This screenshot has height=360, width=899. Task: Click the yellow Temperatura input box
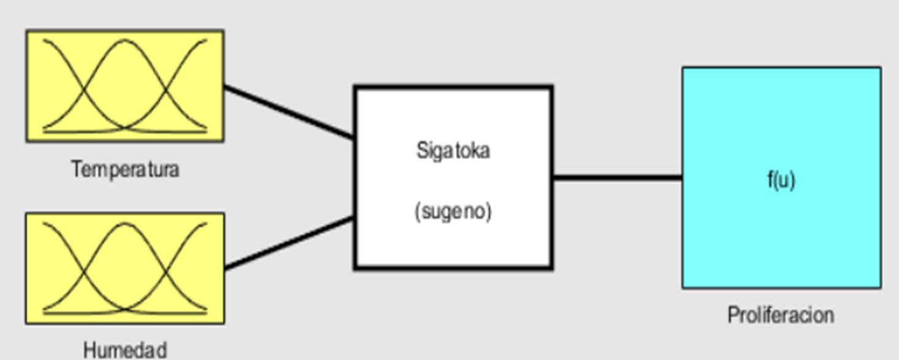pyautogui.click(x=124, y=86)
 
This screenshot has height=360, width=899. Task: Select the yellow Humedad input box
pyautogui.click(x=124, y=269)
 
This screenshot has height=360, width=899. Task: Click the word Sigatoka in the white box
pyautogui.click(x=453, y=150)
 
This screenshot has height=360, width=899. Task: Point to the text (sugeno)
pyautogui.click(x=453, y=211)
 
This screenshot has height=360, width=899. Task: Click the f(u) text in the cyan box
pyautogui.click(x=781, y=180)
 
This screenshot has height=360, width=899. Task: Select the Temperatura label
pyautogui.click(x=125, y=169)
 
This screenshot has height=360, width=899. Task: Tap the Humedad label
pyautogui.click(x=125, y=350)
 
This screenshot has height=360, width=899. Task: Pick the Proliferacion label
pyautogui.click(x=781, y=315)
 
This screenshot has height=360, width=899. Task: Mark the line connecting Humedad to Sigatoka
pyautogui.click(x=289, y=243)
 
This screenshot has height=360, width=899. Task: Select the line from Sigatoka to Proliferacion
pyautogui.click(x=617, y=178)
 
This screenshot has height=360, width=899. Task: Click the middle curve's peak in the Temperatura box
pyautogui.click(x=125, y=41)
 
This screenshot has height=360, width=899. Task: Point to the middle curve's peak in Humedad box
pyautogui.click(x=125, y=224)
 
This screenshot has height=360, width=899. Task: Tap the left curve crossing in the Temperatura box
pyautogui.click(x=84, y=92)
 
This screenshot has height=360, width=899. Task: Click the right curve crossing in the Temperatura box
pyautogui.click(x=166, y=92)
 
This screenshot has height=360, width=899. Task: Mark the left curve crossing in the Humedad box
pyautogui.click(x=84, y=275)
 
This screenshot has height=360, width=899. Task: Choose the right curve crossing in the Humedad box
pyautogui.click(x=166, y=275)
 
